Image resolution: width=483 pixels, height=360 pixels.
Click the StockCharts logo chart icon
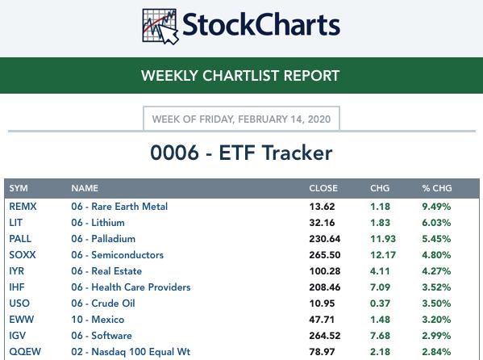point(160,26)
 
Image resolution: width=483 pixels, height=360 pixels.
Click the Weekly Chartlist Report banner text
point(240,76)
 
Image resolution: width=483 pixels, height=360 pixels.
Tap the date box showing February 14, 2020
point(242,119)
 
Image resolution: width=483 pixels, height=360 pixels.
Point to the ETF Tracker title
point(241,153)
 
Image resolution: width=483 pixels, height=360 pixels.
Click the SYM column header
point(19,188)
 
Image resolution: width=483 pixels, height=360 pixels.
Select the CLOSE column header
point(323,188)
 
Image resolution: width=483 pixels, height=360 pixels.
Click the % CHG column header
point(437,188)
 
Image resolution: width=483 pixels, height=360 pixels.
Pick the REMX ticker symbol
point(23,207)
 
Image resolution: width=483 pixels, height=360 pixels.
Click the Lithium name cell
point(98,223)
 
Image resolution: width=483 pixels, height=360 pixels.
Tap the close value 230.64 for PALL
point(325,239)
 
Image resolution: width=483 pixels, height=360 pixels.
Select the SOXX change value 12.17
point(383,255)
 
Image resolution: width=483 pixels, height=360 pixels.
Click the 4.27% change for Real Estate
point(436,271)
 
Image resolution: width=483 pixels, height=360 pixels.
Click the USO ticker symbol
point(19,303)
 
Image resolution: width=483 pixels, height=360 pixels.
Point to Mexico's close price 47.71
point(322,320)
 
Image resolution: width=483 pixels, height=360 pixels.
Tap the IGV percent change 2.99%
point(436,336)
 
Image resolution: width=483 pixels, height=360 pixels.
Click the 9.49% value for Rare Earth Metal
point(436,207)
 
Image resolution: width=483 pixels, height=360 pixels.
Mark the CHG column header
point(380,188)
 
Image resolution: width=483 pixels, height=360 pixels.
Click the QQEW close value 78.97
point(322,352)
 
